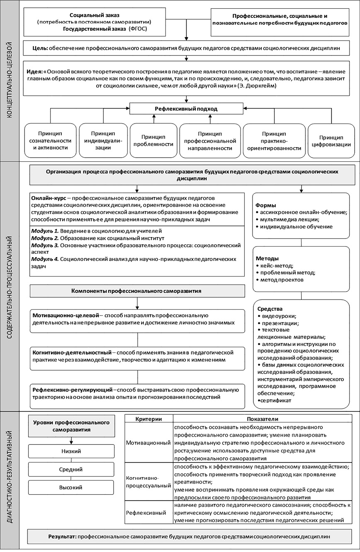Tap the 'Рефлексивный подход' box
coord(186,109)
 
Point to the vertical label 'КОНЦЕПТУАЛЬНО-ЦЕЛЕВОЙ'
coord(10,81)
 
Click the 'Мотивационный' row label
coord(149,443)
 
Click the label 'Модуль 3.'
coord(45,245)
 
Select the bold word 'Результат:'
coord(62,536)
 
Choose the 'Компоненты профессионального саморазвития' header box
coord(137,291)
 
